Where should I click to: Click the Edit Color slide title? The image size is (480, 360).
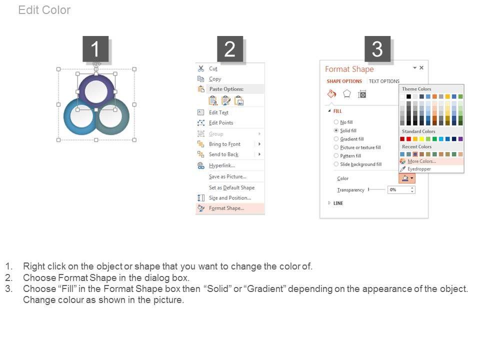point(44,10)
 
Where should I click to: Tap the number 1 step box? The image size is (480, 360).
point(95,49)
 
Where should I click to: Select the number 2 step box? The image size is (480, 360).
point(230,49)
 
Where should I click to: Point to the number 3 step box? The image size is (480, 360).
point(377,49)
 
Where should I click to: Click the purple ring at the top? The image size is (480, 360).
point(96,79)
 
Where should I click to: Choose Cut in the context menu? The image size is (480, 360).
point(213,68)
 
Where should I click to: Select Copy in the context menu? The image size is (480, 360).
point(215,79)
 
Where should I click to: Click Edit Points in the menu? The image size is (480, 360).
point(221,123)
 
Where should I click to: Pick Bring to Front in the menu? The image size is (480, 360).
point(224,144)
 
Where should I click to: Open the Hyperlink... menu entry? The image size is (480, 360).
point(222,165)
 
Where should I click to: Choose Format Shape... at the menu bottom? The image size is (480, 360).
point(226,208)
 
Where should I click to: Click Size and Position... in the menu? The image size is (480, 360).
point(230,198)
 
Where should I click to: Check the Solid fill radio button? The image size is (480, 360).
point(336,130)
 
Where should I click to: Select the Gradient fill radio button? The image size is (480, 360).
point(336,139)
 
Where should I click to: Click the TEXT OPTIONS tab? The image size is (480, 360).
point(384,81)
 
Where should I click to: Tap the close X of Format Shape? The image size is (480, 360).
point(421,67)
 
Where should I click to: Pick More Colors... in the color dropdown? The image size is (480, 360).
point(421,161)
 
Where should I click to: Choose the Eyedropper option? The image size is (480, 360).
point(419,169)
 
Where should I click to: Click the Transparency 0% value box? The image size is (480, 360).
point(401,190)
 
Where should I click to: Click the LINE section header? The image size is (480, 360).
point(338,203)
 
